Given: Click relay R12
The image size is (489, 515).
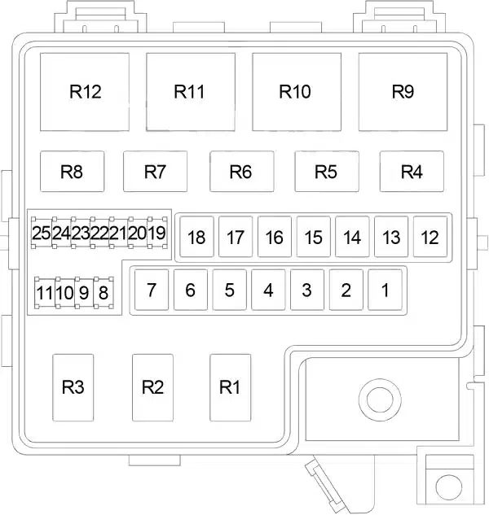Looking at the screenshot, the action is [85, 92].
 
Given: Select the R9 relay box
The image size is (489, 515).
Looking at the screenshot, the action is [403, 92].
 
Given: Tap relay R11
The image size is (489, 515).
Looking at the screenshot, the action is [191, 92].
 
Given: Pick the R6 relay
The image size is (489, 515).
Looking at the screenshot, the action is [242, 171].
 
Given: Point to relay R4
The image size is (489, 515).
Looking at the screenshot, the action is [412, 171].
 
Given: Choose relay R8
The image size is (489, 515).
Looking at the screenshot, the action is [72, 171].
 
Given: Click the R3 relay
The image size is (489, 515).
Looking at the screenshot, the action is [73, 387].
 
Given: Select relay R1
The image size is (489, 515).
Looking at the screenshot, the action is [231, 387].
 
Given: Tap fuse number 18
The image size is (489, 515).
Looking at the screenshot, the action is [196, 237].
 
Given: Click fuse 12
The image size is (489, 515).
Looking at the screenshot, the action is [430, 237].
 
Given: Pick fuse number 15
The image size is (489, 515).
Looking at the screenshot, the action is [314, 237].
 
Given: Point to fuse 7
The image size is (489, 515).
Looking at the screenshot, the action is [152, 290].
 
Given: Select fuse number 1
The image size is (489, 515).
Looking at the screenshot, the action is [385, 290].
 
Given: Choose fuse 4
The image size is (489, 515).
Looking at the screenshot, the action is [268, 290].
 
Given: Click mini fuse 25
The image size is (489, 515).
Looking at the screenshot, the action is [42, 233].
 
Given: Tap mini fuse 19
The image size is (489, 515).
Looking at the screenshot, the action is [157, 233].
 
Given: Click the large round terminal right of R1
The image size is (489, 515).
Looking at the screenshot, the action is [380, 399].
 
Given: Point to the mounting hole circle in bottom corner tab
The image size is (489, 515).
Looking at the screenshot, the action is [448, 487].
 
